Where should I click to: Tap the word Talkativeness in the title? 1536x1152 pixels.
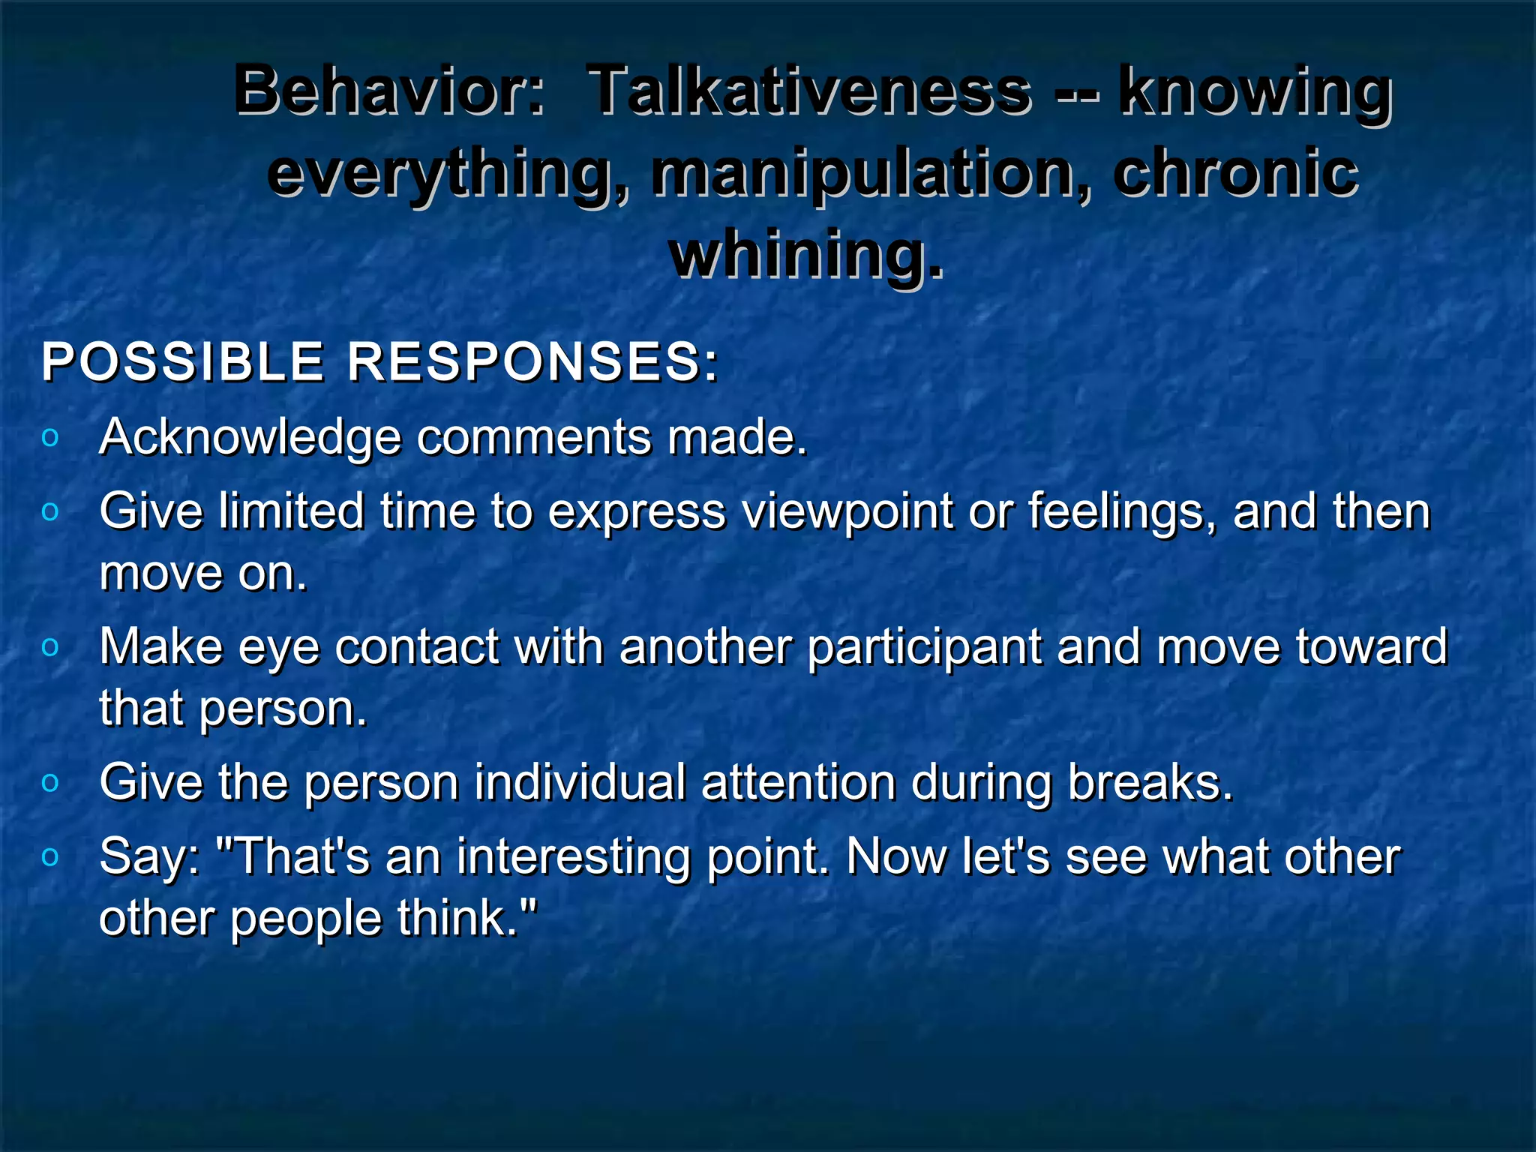tap(810, 90)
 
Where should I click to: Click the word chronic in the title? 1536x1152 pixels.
tap(1236, 172)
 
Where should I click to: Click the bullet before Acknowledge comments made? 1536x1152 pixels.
tap(50, 438)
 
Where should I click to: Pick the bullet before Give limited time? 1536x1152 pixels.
tap(50, 512)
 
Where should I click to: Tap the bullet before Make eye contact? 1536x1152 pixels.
tap(50, 647)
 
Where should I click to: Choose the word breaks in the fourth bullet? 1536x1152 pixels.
tap(1149, 782)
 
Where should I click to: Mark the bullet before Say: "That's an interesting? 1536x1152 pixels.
tap(50, 856)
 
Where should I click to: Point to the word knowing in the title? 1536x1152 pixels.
tap(1255, 91)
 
